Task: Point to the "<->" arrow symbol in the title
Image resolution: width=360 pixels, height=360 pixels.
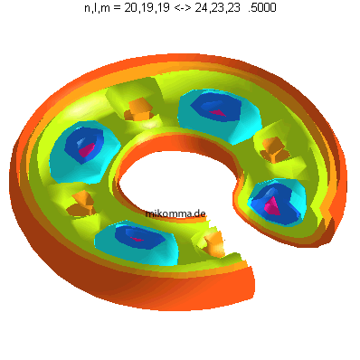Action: click(x=184, y=8)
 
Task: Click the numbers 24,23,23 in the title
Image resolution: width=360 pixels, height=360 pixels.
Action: click(x=217, y=7)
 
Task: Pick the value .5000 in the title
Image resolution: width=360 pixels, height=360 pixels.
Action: click(x=262, y=7)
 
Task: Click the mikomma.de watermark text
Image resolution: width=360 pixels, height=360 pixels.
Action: click(x=175, y=213)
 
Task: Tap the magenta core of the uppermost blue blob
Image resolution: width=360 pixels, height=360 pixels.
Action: click(x=218, y=113)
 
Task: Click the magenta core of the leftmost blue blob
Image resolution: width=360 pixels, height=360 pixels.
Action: click(x=87, y=149)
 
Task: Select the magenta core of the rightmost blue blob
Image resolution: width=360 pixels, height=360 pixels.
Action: click(x=272, y=206)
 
